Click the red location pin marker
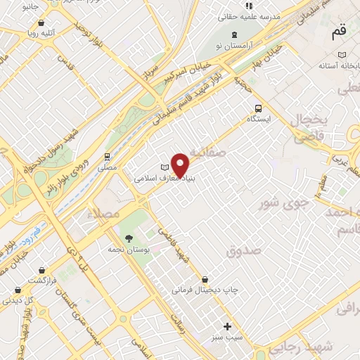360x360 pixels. tap(181, 165)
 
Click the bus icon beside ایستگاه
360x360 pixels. tap(258, 108)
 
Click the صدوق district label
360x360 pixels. tap(244, 250)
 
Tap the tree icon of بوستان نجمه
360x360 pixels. tap(128, 238)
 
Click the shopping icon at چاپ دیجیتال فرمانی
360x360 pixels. tap(205, 279)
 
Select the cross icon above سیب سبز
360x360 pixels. tap(226, 326)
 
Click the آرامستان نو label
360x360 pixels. tap(234, 45)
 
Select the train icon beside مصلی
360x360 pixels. tap(107, 157)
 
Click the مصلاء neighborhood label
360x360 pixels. tap(108, 211)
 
